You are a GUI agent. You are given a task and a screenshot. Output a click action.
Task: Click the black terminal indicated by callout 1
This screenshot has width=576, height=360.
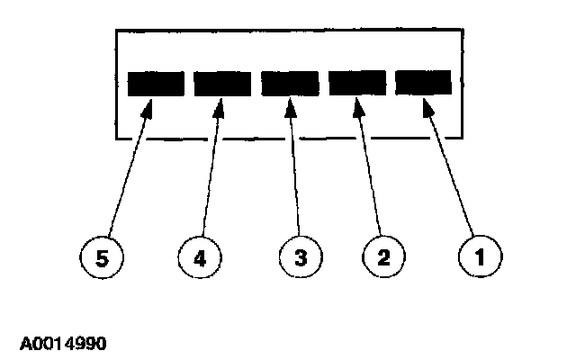click(x=423, y=83)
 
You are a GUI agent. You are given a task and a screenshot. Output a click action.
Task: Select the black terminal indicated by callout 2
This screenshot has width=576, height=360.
click(x=356, y=83)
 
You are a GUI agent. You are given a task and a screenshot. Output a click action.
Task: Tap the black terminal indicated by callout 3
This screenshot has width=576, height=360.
click(x=290, y=83)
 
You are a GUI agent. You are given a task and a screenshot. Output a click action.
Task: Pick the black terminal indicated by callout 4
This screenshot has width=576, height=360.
click(x=223, y=83)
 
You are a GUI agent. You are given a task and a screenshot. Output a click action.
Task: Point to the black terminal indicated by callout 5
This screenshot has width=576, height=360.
click(x=156, y=83)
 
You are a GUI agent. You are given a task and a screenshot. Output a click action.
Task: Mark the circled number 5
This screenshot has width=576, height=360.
click(x=103, y=259)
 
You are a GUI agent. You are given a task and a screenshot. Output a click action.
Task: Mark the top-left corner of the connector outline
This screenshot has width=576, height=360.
click(x=116, y=30)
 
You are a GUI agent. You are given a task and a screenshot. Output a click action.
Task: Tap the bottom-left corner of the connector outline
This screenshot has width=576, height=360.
click(x=116, y=139)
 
